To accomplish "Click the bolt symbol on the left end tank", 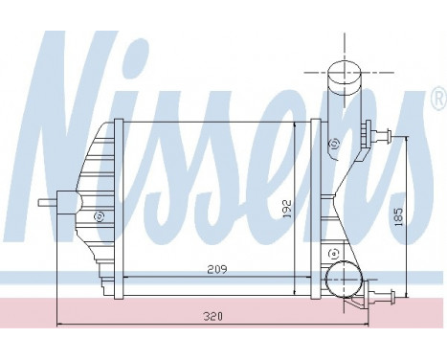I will [x=97, y=216].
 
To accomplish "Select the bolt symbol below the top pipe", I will [x=332, y=145].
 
